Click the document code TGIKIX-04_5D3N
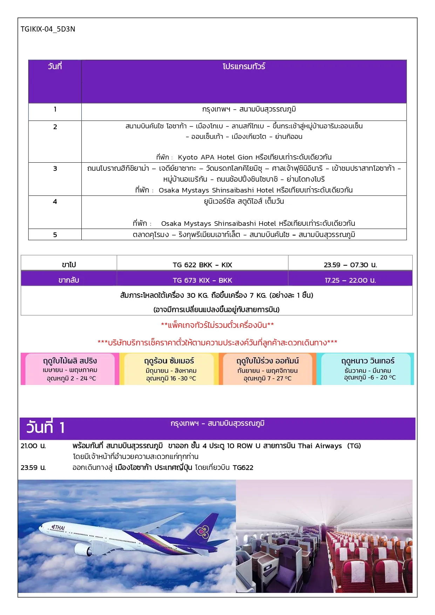tap(48, 29)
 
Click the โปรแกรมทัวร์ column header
tap(244, 66)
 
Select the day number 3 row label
tap(55, 169)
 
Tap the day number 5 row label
tap(55, 235)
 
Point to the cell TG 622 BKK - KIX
tap(202, 265)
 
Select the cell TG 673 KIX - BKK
tap(202, 280)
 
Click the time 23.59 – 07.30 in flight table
tap(350, 265)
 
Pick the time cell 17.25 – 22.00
tap(350, 280)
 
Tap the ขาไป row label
tap(69, 265)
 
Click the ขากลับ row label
tap(69, 280)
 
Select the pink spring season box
tap(70, 369)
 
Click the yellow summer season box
tap(169, 369)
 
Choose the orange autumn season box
tap(267, 369)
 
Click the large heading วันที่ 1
tap(46, 428)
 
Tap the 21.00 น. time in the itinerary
tap(33, 446)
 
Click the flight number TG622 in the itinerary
tap(243, 467)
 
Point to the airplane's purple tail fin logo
tap(203, 532)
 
